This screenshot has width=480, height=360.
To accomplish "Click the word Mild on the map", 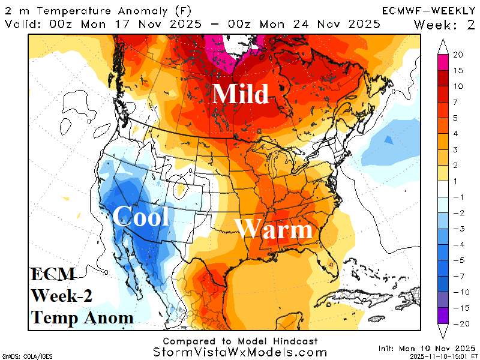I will pos(241,94).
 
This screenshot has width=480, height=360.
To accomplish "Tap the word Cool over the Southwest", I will pos(141,216).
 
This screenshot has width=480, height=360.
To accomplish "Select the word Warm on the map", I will pos(274,230).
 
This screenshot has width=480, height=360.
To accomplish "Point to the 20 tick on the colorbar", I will pos(458,55).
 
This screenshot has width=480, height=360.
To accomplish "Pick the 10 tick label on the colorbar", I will pos(458,86).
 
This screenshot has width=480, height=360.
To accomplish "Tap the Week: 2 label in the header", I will pos(444,24).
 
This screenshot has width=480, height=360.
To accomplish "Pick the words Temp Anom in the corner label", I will pos(82,317).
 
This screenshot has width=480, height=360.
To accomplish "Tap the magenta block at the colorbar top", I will pos(442,61).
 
